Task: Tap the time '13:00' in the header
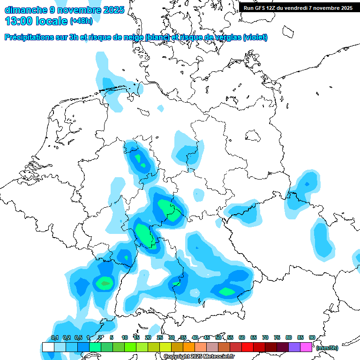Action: pos(19,21)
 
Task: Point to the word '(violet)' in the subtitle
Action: pos(255,37)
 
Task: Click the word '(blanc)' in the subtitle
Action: pos(157,37)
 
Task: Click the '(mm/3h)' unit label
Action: pos(327,348)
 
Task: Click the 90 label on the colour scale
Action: pos(312,337)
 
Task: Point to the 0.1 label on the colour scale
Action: pos(54,337)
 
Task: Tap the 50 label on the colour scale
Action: pos(218,337)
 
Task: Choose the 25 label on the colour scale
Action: pos(160,337)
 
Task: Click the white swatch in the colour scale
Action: pos(48,347)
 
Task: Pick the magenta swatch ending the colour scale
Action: pos(306,347)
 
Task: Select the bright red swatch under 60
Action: pos(247,347)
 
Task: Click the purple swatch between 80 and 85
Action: pos(294,347)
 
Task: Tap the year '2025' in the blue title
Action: pos(113,10)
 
